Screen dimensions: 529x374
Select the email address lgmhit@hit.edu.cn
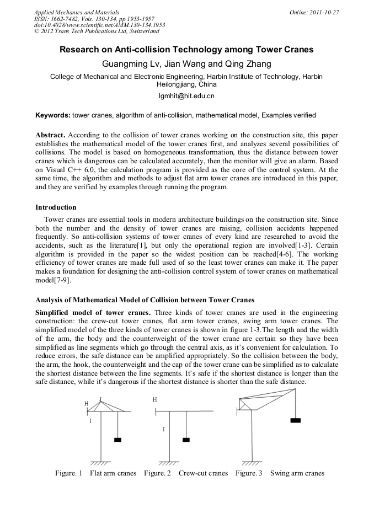(x=186, y=96)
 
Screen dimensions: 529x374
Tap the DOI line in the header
(x=100, y=25)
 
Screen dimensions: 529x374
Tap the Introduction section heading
(x=56, y=207)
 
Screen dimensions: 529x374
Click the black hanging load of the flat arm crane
(x=117, y=440)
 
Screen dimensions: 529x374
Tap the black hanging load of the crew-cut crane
(x=186, y=440)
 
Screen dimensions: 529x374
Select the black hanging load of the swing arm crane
(x=296, y=420)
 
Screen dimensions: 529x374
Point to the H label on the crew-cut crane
(x=155, y=399)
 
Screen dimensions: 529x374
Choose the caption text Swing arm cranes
(x=297, y=473)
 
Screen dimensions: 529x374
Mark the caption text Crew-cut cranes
(x=203, y=473)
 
